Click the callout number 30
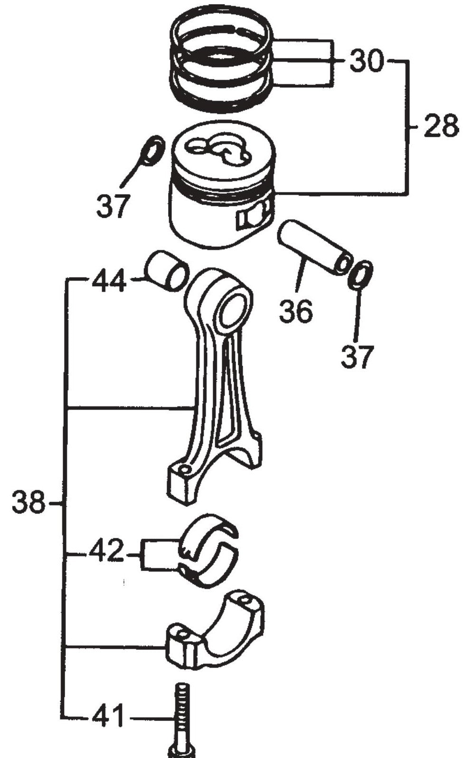tap(366, 61)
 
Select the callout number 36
tap(296, 311)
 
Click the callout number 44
tap(110, 281)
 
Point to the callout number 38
tap(28, 502)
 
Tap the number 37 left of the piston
tap(113, 205)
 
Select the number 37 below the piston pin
tap(357, 356)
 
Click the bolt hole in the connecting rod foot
tap(184, 468)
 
